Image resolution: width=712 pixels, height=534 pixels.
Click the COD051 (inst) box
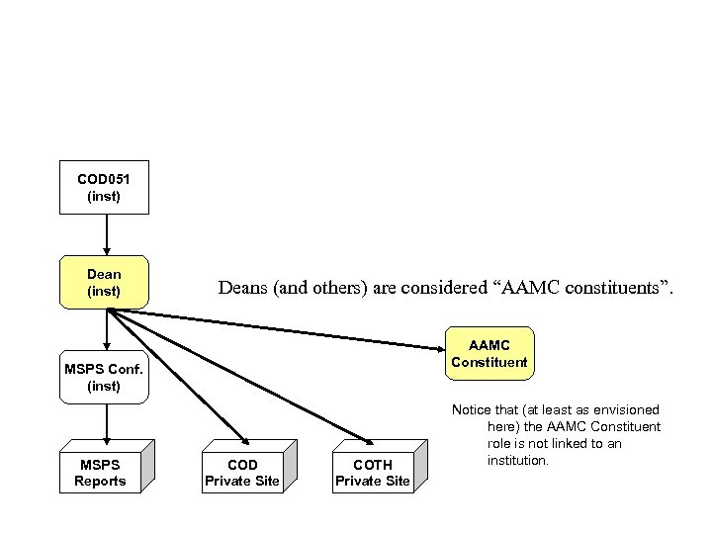(x=104, y=187)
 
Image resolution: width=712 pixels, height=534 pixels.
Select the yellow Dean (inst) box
(x=104, y=282)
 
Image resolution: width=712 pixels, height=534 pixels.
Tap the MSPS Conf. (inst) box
(x=104, y=377)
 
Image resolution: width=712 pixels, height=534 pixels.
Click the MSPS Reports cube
(x=101, y=473)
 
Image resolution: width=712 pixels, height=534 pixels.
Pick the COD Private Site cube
(x=241, y=473)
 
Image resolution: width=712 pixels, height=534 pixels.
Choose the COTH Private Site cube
(x=372, y=473)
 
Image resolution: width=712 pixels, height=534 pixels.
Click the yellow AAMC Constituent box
(x=489, y=353)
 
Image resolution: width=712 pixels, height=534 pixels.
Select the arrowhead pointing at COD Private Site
(x=242, y=441)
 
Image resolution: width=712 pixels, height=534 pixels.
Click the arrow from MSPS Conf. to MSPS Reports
(x=105, y=420)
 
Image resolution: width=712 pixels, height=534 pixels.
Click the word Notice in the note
(x=471, y=409)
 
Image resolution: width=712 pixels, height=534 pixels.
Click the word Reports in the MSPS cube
(x=101, y=482)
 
